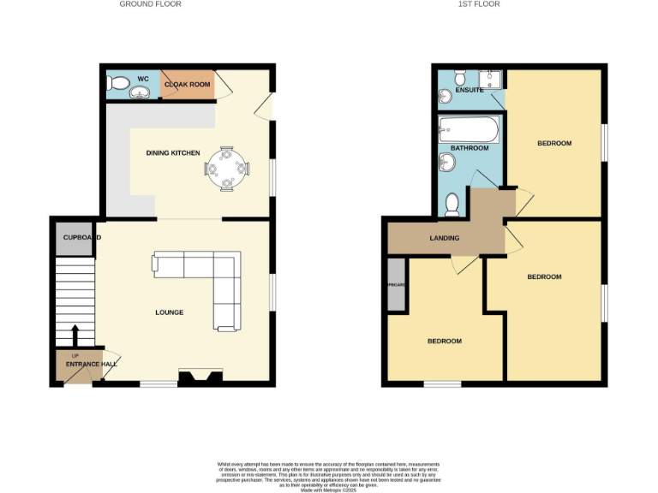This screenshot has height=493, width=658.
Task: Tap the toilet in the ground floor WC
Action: pos(117,84)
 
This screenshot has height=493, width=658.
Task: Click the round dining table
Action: pos(228,167)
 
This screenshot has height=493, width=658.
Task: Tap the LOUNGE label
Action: pos(169,312)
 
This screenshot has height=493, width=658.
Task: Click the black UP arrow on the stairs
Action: pos(74,334)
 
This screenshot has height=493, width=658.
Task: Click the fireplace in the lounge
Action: pos(201,377)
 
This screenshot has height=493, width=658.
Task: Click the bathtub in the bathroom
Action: pos(468,131)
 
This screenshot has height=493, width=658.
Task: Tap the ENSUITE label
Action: pos(469,89)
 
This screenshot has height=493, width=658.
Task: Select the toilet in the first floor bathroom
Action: pos(453,204)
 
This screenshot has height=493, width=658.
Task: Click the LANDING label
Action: pos(444,238)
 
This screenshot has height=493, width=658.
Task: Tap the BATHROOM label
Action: pos(470,148)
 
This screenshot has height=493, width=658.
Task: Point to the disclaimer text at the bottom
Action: pos(328,475)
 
